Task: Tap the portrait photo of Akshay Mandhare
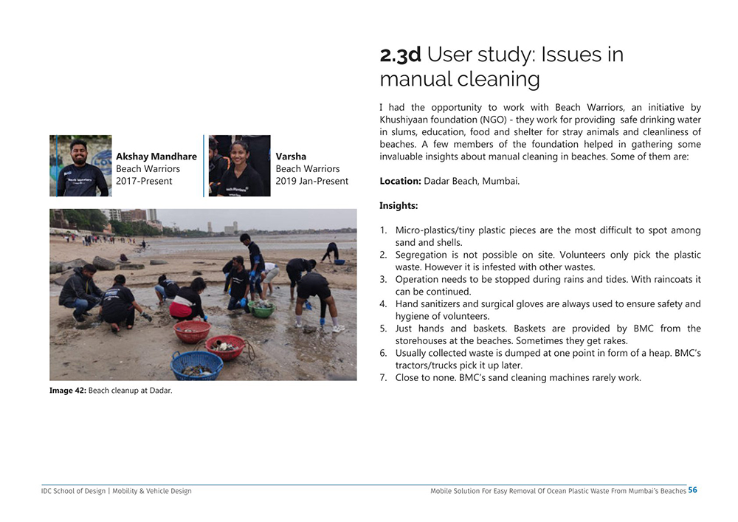click(80, 165)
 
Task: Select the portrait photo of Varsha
click(239, 165)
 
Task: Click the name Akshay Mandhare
click(156, 157)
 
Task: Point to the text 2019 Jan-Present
click(311, 181)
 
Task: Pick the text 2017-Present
click(144, 181)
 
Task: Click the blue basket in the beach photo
click(196, 365)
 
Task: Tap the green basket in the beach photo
click(261, 309)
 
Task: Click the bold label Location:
click(400, 181)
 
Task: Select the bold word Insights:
click(399, 206)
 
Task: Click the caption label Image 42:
click(68, 391)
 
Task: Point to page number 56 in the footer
click(692, 490)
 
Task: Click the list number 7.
click(384, 378)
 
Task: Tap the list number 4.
click(384, 304)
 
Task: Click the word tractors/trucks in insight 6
click(425, 365)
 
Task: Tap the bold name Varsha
click(291, 157)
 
